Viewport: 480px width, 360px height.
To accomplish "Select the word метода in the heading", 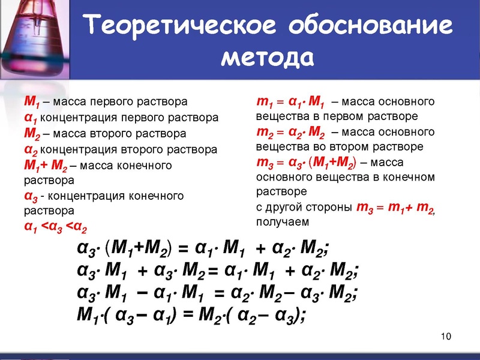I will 268,58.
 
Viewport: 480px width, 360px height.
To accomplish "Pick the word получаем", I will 283,222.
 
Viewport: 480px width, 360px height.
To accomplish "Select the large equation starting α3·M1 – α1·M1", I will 218,293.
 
